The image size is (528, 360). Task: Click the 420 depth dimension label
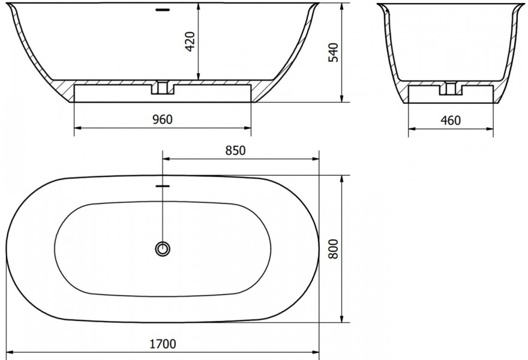190,41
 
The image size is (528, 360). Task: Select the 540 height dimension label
333,52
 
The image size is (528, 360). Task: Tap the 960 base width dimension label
163,119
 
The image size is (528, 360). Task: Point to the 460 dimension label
450,120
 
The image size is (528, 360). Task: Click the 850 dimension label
235,150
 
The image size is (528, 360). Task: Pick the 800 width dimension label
333,249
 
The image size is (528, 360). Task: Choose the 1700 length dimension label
163,344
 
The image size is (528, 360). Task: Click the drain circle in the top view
163,249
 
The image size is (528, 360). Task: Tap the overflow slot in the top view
163,185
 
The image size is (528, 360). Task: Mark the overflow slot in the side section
163,10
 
